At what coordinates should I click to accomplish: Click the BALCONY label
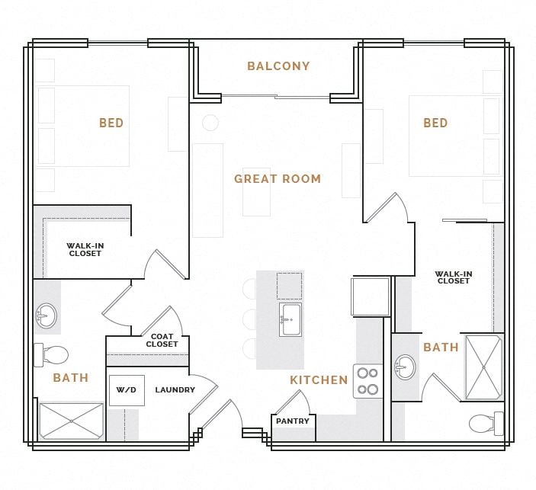[x=278, y=66]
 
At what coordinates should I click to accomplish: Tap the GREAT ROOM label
[x=278, y=179]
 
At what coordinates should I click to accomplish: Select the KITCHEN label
[x=319, y=380]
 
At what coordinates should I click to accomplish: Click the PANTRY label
[x=293, y=421]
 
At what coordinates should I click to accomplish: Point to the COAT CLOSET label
[x=162, y=341]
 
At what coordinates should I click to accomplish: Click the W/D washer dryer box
[x=127, y=390]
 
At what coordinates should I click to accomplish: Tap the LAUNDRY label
[x=175, y=390]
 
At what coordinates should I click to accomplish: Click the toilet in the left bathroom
[x=51, y=354]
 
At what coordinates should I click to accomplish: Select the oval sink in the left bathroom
[x=47, y=316]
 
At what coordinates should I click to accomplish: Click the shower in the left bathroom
[x=71, y=421]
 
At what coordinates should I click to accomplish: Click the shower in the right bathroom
[x=483, y=367]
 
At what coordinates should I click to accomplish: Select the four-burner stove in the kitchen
[x=367, y=381]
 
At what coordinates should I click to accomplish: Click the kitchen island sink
[x=290, y=319]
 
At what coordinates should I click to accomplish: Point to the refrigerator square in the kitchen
[x=371, y=296]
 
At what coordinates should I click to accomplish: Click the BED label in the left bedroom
[x=111, y=123]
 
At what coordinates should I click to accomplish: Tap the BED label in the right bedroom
[x=435, y=123]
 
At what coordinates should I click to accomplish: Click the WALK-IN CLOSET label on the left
[x=85, y=250]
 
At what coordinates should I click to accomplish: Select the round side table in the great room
[x=210, y=123]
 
